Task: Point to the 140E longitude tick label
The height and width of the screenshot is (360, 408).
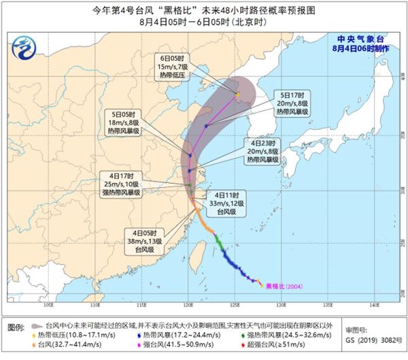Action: (375, 304)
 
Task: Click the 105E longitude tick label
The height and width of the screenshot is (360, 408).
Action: (49, 304)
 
